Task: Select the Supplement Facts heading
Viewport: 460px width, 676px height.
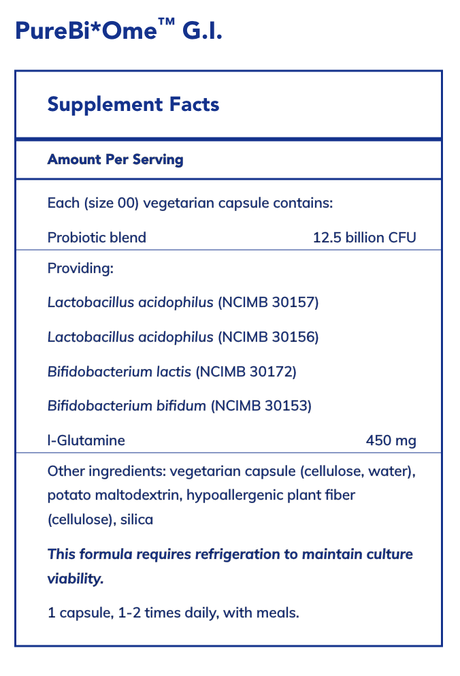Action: (x=133, y=104)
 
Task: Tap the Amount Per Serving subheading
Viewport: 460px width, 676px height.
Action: (x=115, y=160)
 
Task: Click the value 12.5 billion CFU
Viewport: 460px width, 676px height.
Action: (x=364, y=238)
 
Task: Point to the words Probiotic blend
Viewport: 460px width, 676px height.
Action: (x=97, y=238)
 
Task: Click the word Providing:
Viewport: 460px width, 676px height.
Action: (x=80, y=268)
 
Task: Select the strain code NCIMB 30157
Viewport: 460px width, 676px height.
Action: (x=268, y=302)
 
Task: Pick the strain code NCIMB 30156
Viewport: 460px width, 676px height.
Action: (x=268, y=337)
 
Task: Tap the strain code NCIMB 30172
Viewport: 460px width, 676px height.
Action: (x=246, y=372)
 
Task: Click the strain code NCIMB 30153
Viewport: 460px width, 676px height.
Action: (x=261, y=406)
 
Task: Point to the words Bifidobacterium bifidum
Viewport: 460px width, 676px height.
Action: (x=127, y=406)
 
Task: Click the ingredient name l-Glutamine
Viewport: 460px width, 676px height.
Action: (x=86, y=441)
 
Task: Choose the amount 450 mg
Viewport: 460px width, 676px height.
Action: (x=391, y=441)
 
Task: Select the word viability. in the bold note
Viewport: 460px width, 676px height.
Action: (x=76, y=579)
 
